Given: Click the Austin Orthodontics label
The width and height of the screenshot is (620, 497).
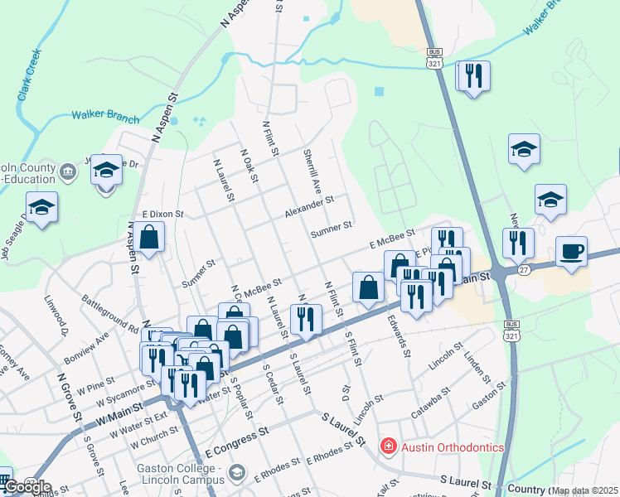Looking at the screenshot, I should (x=453, y=447).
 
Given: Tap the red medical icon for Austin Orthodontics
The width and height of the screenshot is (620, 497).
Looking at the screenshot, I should (x=387, y=447).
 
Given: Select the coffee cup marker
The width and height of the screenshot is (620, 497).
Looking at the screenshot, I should (x=571, y=251).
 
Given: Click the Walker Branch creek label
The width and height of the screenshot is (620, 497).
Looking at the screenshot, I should (x=105, y=117).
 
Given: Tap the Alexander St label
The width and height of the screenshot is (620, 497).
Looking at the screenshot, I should (x=309, y=207).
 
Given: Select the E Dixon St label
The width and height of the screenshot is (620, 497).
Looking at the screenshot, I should (x=162, y=214).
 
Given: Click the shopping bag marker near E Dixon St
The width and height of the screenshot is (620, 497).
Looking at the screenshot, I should (x=149, y=239).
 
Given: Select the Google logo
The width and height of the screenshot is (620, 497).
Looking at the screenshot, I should (x=27, y=487).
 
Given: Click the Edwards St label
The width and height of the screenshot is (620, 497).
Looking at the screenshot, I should (x=400, y=334).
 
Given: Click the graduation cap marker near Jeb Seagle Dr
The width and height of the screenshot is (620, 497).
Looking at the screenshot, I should (x=41, y=210).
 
